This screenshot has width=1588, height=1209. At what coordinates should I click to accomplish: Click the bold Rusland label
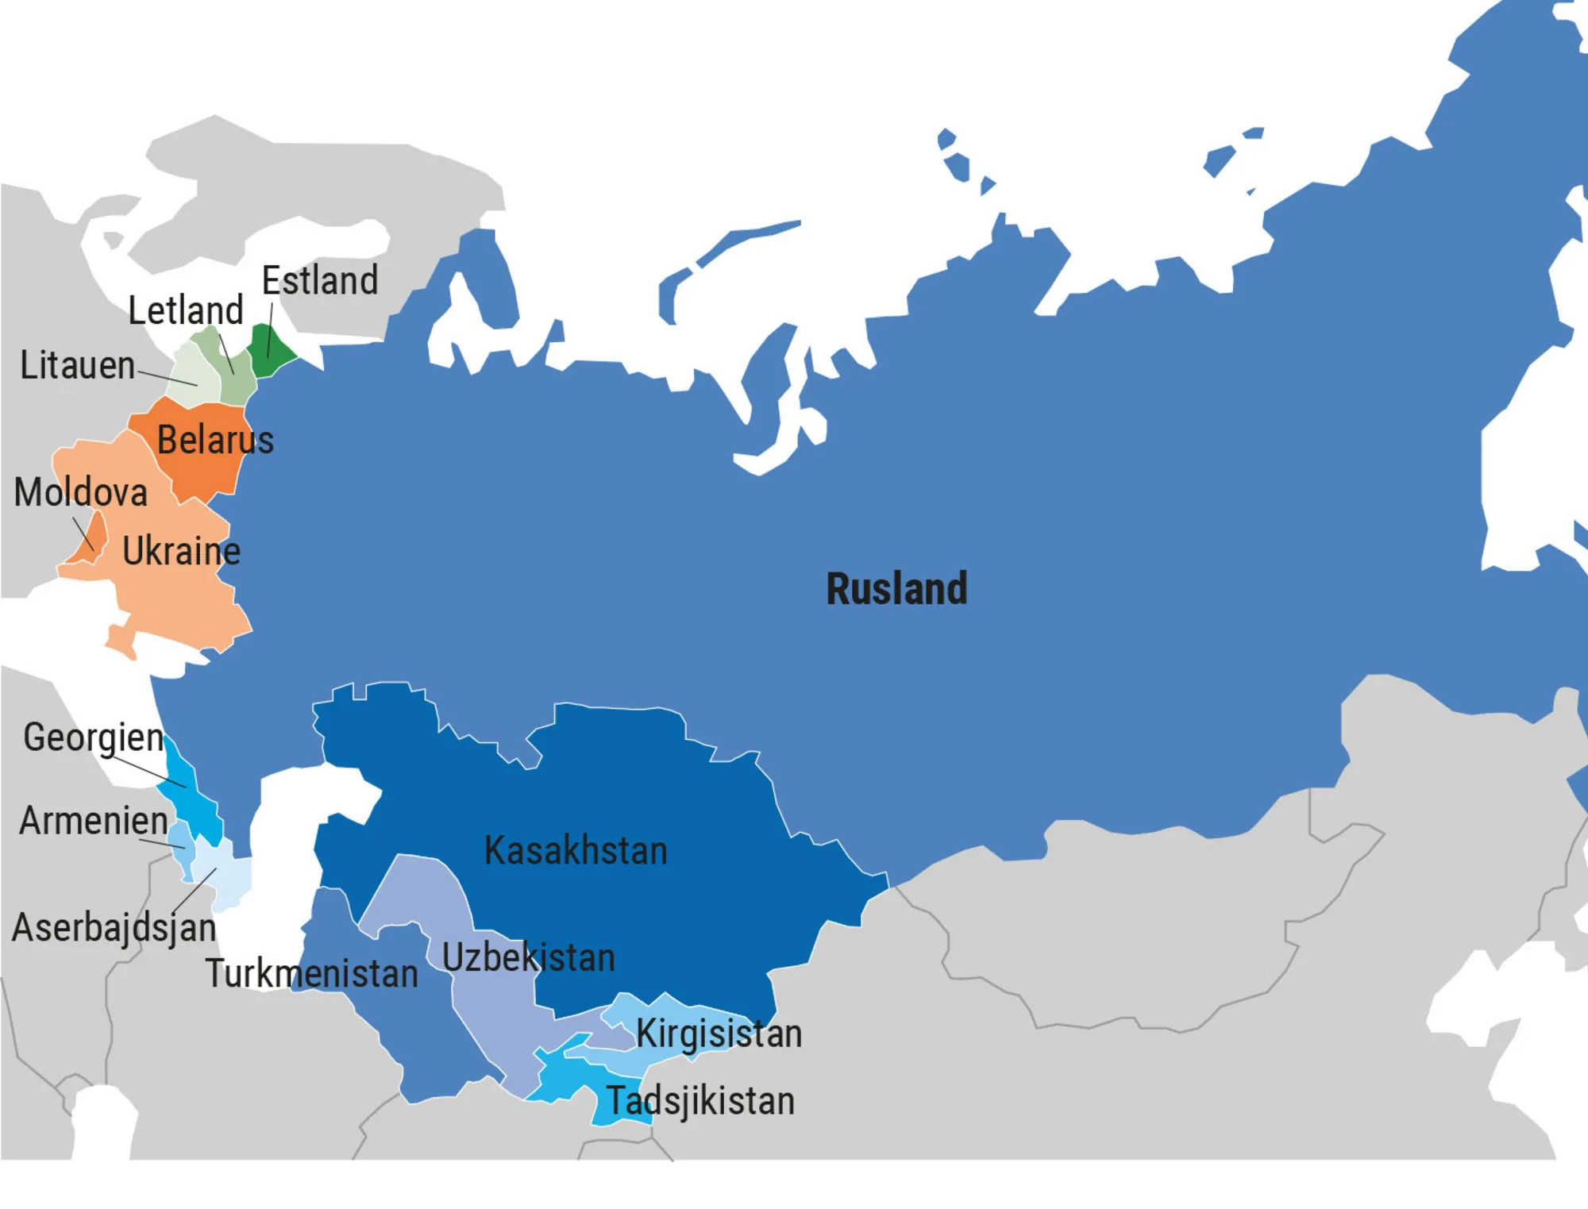[x=896, y=589]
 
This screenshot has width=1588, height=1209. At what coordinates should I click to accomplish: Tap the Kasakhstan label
[x=576, y=851]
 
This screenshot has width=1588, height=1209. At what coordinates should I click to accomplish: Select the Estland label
[x=320, y=281]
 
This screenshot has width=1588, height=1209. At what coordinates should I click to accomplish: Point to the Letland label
[x=186, y=310]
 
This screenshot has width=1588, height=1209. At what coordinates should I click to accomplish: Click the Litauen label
[x=77, y=366]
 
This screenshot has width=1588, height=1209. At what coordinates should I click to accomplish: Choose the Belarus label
[x=215, y=440]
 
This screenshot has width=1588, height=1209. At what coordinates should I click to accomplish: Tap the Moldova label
[x=81, y=492]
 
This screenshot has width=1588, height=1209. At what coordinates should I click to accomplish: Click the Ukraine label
[x=181, y=551]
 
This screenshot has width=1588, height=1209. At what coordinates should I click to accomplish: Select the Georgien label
[x=93, y=737]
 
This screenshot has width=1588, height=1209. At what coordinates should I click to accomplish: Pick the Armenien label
[x=93, y=821]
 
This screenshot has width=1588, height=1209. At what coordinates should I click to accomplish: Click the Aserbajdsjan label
[x=114, y=927]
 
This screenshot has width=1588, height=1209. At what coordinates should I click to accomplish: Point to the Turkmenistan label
[x=311, y=973]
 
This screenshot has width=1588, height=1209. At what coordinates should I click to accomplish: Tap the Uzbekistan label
[x=528, y=957]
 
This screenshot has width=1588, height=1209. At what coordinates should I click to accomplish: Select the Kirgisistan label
[x=719, y=1034]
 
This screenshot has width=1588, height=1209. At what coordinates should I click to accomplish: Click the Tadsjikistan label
[x=700, y=1101]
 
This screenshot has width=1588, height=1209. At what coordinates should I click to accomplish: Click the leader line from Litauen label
[x=168, y=378]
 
